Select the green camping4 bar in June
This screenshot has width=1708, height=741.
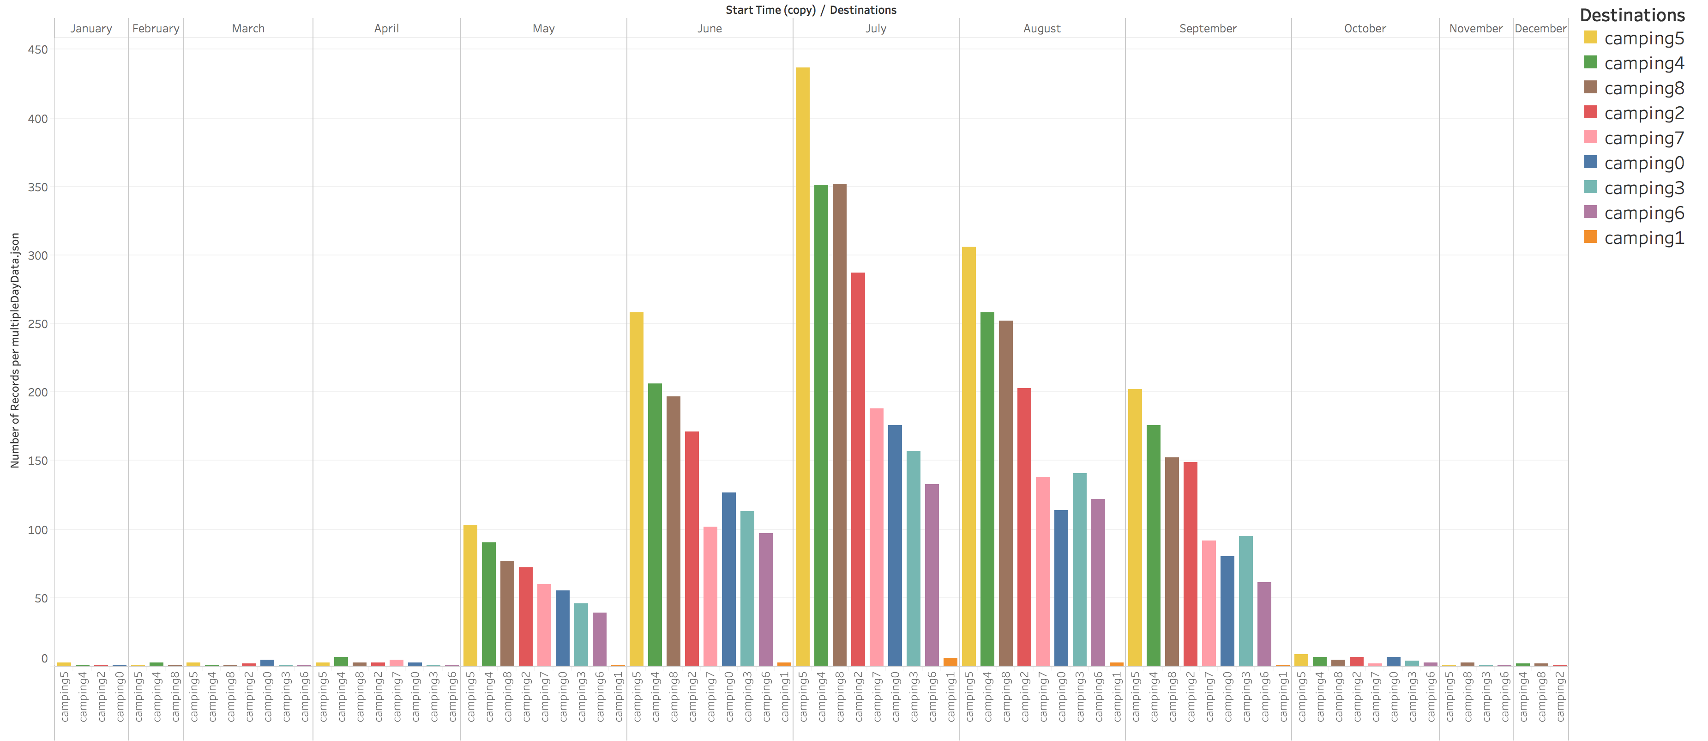655,524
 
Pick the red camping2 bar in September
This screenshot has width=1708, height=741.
1190,564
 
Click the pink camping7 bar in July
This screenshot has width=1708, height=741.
876,537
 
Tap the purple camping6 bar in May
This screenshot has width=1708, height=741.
599,639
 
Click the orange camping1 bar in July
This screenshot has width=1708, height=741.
950,662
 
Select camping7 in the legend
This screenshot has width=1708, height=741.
1643,139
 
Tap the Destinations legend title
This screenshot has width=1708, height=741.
1632,15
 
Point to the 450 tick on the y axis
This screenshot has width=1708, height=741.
38,50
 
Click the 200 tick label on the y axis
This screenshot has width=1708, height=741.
38,392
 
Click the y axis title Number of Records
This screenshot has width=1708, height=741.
15,350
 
